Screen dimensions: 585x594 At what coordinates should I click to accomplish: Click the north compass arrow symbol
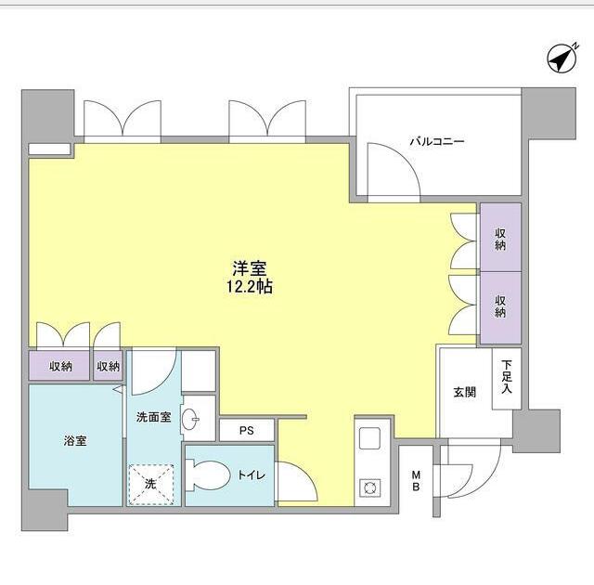[x=560, y=59]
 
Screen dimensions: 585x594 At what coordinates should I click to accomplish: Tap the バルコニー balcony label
[x=435, y=142]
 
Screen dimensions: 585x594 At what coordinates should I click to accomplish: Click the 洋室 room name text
[x=250, y=269]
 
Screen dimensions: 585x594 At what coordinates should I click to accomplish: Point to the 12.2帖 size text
[x=250, y=287]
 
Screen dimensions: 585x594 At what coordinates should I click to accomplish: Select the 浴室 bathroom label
[x=74, y=441]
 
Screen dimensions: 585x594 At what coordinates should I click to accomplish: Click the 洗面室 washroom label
[x=153, y=418]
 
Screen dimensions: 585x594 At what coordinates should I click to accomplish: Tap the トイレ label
[x=251, y=475]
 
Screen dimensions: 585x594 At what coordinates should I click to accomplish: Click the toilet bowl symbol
[x=210, y=475]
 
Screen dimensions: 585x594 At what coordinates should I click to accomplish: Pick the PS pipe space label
[x=245, y=431]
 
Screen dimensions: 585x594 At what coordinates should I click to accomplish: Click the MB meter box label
[x=417, y=481]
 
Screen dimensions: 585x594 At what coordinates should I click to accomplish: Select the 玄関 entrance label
[x=465, y=393]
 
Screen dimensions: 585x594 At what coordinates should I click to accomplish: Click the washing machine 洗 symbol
[x=149, y=483]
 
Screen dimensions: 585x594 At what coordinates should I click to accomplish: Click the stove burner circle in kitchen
[x=368, y=487]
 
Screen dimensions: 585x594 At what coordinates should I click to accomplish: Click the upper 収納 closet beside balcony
[x=500, y=239]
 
